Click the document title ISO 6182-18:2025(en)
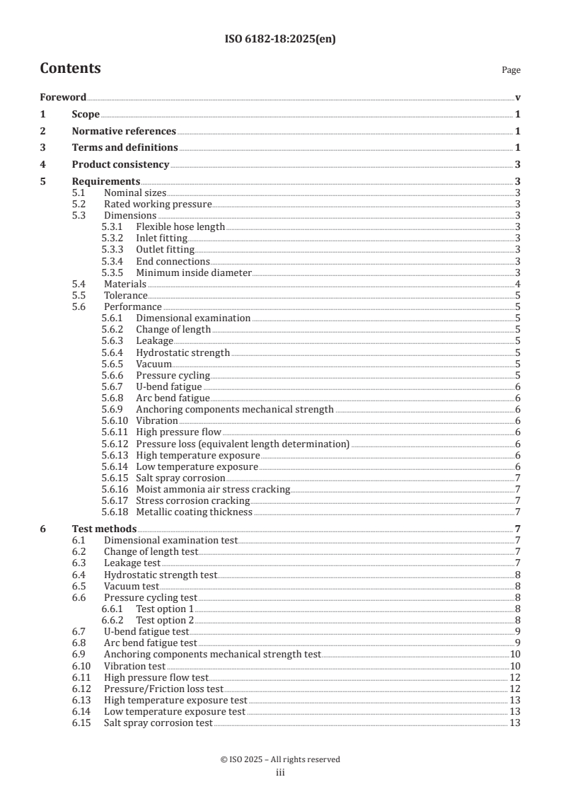pyautogui.click(x=280, y=40)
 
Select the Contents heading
pyautogui.click(x=70, y=69)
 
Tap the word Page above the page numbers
pyautogui.click(x=511, y=70)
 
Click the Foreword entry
pyautogui.click(x=63, y=98)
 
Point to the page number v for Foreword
pyautogui.click(x=518, y=98)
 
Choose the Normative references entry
pyautogui.click(x=124, y=131)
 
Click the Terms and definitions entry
pyautogui.click(x=125, y=147)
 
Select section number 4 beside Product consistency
pyautogui.click(x=42, y=164)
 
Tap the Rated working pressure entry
pyautogui.click(x=158, y=204)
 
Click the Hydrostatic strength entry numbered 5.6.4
pyautogui.click(x=183, y=352)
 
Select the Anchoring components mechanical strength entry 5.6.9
pyautogui.click(x=234, y=409)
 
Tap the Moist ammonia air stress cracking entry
pyautogui.click(x=213, y=489)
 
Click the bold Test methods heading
pyautogui.click(x=104, y=529)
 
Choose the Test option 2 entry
pyautogui.click(x=165, y=620)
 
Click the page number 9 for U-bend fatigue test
pyautogui.click(x=518, y=631)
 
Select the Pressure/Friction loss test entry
pyautogui.click(x=163, y=688)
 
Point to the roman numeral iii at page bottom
pyautogui.click(x=280, y=773)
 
